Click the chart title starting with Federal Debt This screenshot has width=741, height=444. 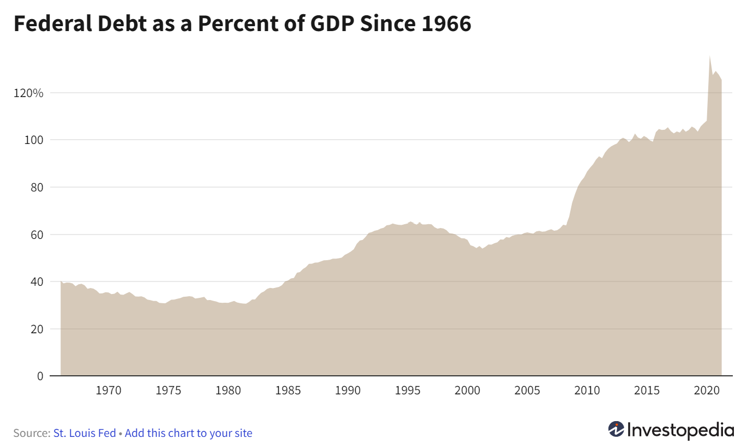pyautogui.click(x=242, y=25)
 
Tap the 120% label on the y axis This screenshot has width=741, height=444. pyautogui.click(x=28, y=93)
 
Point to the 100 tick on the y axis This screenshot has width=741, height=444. pyautogui.click(x=34, y=140)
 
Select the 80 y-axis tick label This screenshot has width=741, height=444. pyautogui.click(x=37, y=188)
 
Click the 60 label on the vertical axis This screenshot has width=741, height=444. pyautogui.click(x=37, y=235)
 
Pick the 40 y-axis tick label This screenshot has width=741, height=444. pyautogui.click(x=37, y=282)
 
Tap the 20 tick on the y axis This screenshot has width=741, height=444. pyautogui.click(x=37, y=329)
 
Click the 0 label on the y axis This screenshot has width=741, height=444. pyautogui.click(x=40, y=376)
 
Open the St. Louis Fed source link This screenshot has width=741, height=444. pyautogui.click(x=85, y=433)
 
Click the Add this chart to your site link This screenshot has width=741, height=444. pyautogui.click(x=188, y=433)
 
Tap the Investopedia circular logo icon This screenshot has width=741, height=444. pyautogui.click(x=616, y=429)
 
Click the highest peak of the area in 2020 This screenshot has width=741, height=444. pyautogui.click(x=709, y=56)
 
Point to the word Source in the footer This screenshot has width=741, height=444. pyautogui.click(x=31, y=433)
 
